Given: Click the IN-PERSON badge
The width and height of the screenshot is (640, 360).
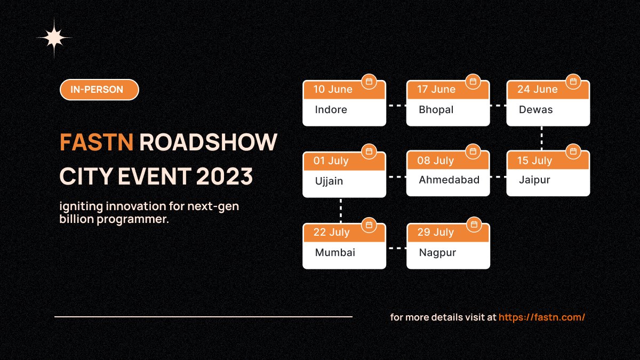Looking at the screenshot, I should (x=99, y=90).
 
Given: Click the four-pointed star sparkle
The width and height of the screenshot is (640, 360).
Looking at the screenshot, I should (x=54, y=38).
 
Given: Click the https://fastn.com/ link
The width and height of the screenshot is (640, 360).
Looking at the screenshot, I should (x=542, y=317).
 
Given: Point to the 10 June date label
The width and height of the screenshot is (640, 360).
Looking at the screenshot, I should (x=333, y=90).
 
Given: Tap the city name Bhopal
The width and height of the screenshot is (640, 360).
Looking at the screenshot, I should (x=436, y=110).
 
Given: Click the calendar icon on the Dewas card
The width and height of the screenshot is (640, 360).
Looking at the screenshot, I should (x=573, y=82).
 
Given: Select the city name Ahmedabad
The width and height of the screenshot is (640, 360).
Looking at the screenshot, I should (x=449, y=180).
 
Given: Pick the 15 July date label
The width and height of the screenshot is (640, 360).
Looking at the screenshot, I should (x=534, y=161).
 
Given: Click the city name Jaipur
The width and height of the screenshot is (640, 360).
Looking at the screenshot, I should (x=534, y=180).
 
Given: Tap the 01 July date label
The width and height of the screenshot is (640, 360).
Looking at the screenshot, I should (x=331, y=161).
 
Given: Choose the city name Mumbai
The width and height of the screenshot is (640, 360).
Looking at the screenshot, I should (x=335, y=252).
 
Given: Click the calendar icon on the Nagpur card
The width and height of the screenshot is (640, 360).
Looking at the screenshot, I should (x=473, y=225).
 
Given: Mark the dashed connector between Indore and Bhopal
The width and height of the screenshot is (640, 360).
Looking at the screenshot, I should (x=396, y=106).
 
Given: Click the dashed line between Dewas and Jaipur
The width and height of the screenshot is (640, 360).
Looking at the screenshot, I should (x=542, y=138).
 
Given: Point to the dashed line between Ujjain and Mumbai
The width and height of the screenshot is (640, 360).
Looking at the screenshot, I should (x=341, y=211).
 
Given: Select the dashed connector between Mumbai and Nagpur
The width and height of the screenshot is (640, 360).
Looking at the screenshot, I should (x=396, y=248).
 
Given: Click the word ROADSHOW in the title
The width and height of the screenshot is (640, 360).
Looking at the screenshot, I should (x=209, y=142).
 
